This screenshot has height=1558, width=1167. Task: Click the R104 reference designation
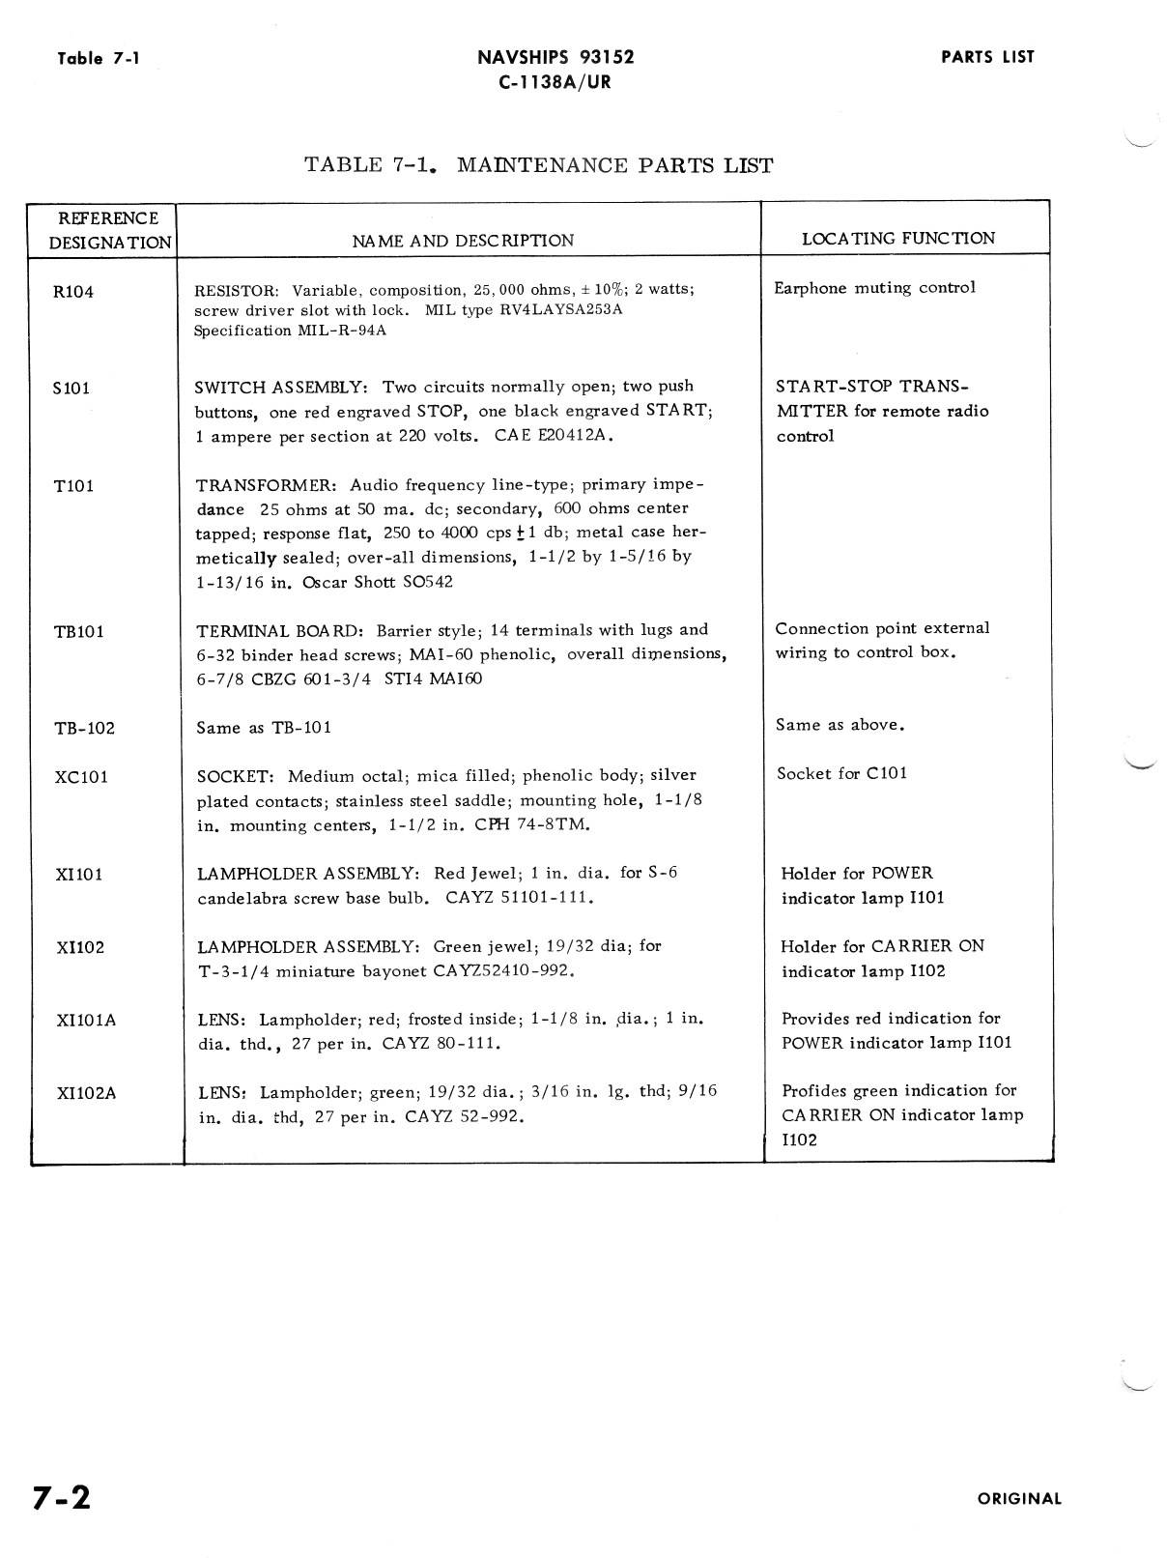coord(73,292)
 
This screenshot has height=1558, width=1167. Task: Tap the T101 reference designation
coord(73,485)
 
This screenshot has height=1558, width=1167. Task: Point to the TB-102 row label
coord(84,729)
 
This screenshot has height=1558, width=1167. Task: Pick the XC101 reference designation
coord(81,777)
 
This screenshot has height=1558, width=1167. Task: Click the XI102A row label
coord(86,1093)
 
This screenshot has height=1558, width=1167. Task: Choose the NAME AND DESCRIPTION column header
coord(462,241)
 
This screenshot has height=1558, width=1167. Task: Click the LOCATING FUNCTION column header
coord(898,239)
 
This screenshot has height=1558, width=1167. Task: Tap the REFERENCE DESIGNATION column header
coord(109,230)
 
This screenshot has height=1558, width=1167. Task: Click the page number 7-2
coord(61,1497)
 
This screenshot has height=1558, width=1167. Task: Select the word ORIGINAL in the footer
coord(1019,1499)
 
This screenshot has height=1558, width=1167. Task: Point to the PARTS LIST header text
coord(987,57)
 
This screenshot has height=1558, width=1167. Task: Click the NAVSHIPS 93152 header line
coord(555,57)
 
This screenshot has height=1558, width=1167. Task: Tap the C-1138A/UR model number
coord(555,82)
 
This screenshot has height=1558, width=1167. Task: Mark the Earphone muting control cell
coord(874,288)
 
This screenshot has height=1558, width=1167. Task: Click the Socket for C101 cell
coord(841,773)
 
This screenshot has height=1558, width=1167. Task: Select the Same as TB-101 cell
coord(264,728)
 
